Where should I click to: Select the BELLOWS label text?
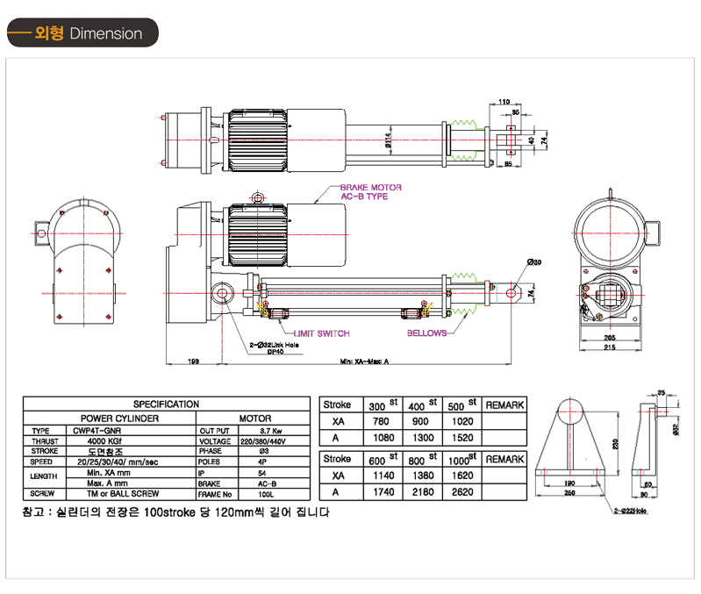tap(427, 333)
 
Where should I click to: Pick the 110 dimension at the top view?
tap(504, 102)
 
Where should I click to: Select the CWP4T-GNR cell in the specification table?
tap(97, 431)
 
